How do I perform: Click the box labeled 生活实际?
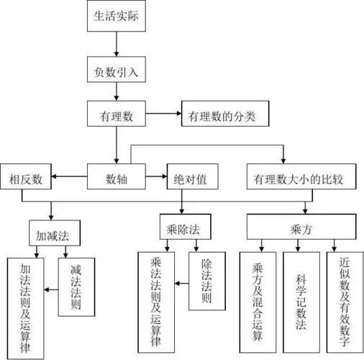pyautogui.click(x=116, y=17)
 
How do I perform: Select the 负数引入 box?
pyautogui.click(x=116, y=73)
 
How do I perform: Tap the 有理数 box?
pyautogui.click(x=116, y=115)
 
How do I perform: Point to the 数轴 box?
pyautogui.click(x=116, y=177)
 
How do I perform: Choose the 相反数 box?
pyautogui.click(x=27, y=177)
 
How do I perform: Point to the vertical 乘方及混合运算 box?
pyautogui.click(x=258, y=301)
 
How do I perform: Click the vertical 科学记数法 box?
pyautogui.click(x=301, y=301)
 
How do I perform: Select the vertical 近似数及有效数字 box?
pyautogui.click(x=343, y=301)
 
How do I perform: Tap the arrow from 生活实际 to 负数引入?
pyautogui.click(x=116, y=45)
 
